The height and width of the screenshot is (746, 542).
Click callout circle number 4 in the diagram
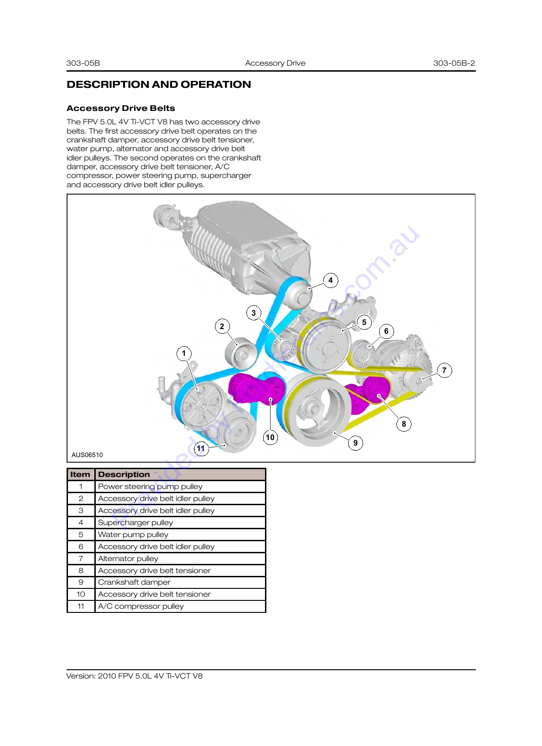pos(330,281)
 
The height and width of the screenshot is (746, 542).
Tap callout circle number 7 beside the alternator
pos(444,370)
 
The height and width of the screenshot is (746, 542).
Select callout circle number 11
pos(201,448)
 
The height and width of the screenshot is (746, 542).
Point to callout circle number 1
pos(184,353)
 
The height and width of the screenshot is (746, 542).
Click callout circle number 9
pos(356,443)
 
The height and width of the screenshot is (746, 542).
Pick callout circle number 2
pos(222,326)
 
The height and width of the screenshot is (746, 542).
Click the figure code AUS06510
pos(87,455)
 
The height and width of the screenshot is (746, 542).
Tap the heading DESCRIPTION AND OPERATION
pos(159,84)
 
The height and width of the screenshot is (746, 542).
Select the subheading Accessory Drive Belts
pos(121,108)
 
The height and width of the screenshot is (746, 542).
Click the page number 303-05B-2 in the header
pos(454,63)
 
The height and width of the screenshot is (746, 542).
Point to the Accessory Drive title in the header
pos(275,63)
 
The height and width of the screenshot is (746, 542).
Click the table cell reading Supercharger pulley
pos(180,522)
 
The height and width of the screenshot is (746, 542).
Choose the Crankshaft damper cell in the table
pos(180,582)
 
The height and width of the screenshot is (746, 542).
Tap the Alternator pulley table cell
pos(180,558)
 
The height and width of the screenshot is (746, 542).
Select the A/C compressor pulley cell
pos(180,606)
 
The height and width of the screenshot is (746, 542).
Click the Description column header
pos(180,474)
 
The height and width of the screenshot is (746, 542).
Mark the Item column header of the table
pos(81,474)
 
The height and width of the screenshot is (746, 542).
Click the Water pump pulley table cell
pos(180,534)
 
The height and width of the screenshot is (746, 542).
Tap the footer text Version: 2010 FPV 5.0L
pos(134,676)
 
